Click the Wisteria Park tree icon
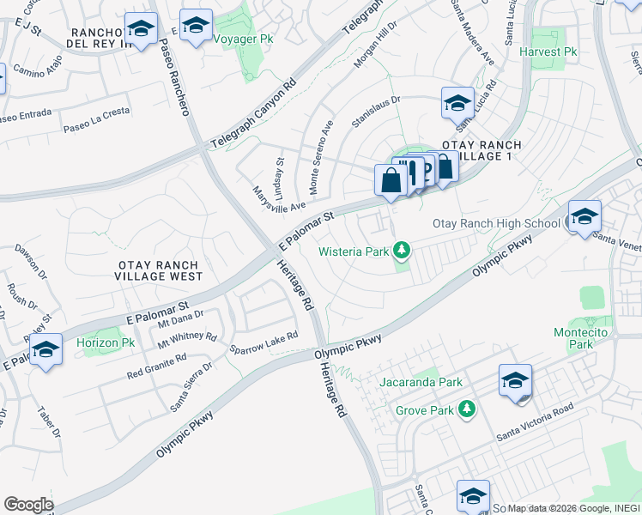point(401,251)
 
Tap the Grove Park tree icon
point(467,409)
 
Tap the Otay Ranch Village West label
point(160,270)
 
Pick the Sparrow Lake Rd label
point(263,342)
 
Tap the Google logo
point(27,504)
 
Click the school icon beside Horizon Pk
point(46,349)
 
